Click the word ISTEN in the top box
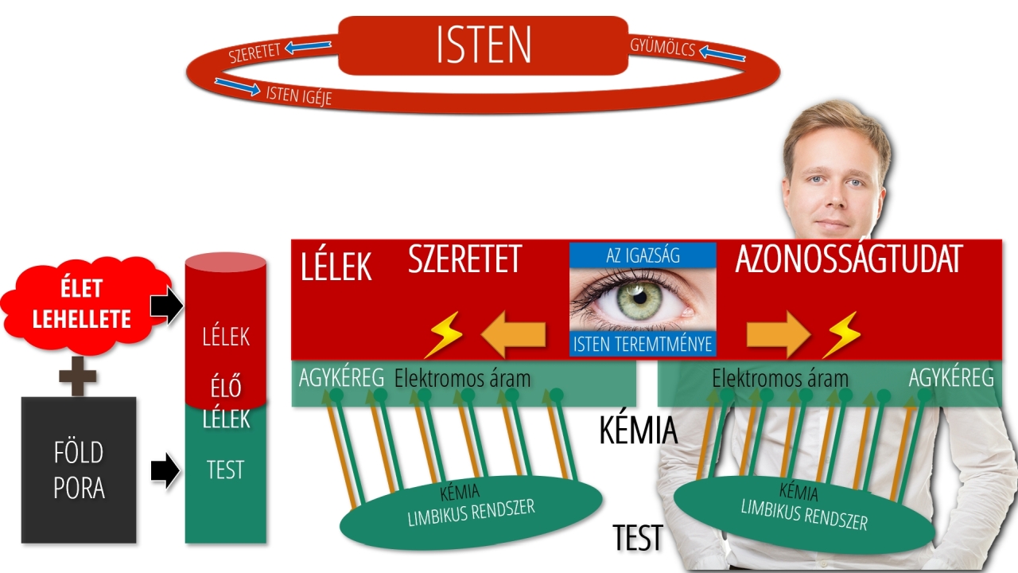(x=484, y=45)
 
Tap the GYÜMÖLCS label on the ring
(x=662, y=48)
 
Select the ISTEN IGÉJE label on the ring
(x=298, y=95)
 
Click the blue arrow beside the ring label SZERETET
(x=309, y=48)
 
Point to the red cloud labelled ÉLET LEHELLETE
(x=81, y=305)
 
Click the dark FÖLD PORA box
(x=79, y=470)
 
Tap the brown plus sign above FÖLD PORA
(x=78, y=376)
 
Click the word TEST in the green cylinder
(x=225, y=470)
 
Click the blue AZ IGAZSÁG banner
(x=643, y=255)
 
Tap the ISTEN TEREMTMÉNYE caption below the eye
(x=643, y=344)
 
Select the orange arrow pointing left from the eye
(x=515, y=334)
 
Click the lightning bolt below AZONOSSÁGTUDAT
(x=841, y=334)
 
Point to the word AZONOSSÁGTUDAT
(x=849, y=260)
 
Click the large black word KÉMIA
(x=638, y=431)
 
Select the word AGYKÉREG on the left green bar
(x=342, y=377)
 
